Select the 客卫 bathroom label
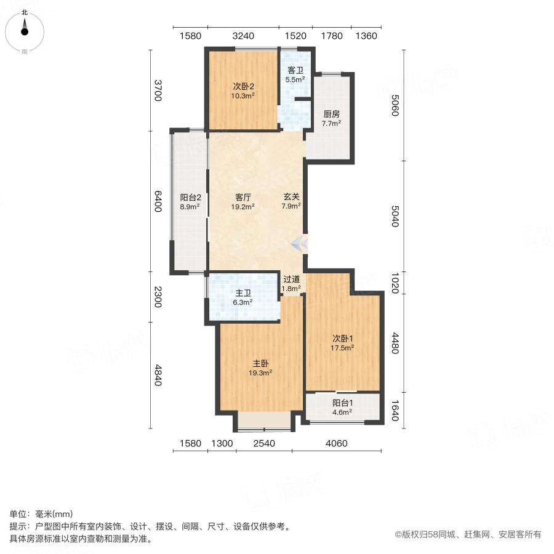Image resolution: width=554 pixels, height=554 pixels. pos(295,70)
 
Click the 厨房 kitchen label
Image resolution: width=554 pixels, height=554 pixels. pos(331,114)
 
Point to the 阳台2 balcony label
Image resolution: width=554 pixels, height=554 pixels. pos(190,198)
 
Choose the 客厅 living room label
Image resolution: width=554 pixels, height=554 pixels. pos(243,198)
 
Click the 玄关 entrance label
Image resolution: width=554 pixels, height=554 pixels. pos(291,198)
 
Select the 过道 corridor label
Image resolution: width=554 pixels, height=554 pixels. pos(291,278)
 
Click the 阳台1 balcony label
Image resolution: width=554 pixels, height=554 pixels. pos(342,404)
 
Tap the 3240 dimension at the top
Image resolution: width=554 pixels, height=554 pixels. pos(243,36)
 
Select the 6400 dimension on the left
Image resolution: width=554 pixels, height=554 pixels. pos(158,201)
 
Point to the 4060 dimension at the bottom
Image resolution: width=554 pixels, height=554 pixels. pos(337,443)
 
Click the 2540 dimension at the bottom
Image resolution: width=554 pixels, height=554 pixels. pos(263,443)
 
